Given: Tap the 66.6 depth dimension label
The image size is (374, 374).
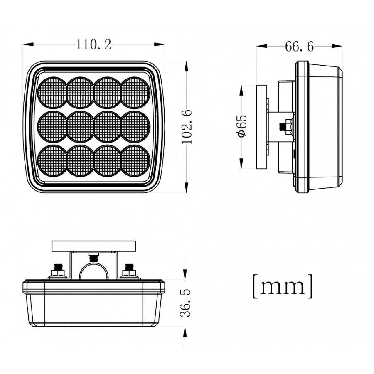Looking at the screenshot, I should [x=299, y=47].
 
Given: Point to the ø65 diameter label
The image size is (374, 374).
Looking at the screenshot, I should [x=242, y=126].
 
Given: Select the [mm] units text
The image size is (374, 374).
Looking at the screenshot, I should [x=283, y=286].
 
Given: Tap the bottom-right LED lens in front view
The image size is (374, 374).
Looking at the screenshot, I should [x=135, y=160].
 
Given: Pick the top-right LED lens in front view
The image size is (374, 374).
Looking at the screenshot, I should [x=135, y=91].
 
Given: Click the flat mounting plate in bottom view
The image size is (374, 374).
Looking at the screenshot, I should [x=94, y=246].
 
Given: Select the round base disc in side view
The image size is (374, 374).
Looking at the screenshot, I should [x=262, y=126].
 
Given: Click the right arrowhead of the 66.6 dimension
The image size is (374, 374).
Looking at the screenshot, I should [x=340, y=47].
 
